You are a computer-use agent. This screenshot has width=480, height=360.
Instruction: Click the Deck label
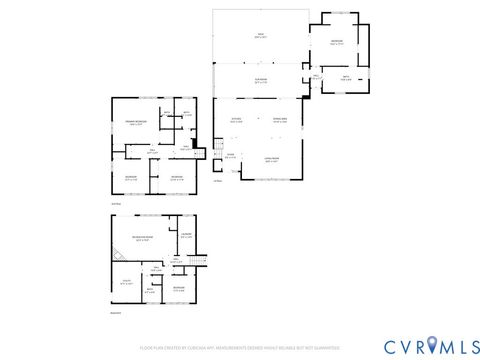coord(259,36)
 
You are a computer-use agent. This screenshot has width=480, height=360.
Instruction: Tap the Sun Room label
coord(259,82)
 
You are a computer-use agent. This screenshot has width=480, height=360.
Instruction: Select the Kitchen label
coord(237,120)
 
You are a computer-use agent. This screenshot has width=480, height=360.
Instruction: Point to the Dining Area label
coord(280,120)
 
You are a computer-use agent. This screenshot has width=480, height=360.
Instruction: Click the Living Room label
coord(271,160)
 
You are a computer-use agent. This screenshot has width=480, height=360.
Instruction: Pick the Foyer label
coord(230,155)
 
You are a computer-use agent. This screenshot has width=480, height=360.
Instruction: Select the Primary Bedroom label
coord(136,124)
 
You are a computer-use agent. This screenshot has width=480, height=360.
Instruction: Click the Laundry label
coord(186,236)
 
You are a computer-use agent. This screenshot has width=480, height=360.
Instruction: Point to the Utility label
coord(126,283)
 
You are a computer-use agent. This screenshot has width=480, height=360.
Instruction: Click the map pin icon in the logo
coord(432,345)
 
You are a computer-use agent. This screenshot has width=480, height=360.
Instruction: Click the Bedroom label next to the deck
coord(337,41)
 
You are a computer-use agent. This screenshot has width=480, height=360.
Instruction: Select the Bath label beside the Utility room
coord(149,291)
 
